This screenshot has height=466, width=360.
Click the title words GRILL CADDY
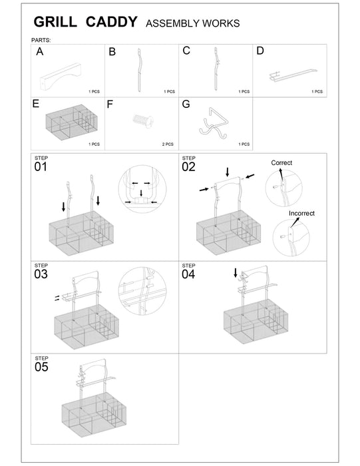pyautogui.click(x=86, y=23)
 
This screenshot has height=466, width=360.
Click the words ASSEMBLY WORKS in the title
pyautogui.click(x=192, y=24)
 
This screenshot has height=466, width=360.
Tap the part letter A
pyautogui.click(x=41, y=51)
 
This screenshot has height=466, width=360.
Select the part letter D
pyautogui.click(x=260, y=51)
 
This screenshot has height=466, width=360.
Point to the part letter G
pyautogui.click(x=186, y=105)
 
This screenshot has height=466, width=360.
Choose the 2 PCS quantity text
pyautogui.click(x=168, y=144)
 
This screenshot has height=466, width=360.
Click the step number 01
pyautogui.click(x=41, y=166)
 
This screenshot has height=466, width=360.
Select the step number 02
pyautogui.click(x=190, y=166)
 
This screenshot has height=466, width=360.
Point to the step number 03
pyautogui.click(x=41, y=274)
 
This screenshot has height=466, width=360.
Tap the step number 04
pyautogui.click(x=190, y=274)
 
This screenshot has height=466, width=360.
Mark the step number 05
pyautogui.click(x=41, y=367)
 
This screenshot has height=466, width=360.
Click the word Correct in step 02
pyautogui.click(x=281, y=162)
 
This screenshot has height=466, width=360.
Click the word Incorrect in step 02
pyautogui.click(x=301, y=214)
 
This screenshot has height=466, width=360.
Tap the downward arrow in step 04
pyautogui.click(x=235, y=273)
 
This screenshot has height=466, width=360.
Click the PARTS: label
pyautogui.click(x=41, y=40)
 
